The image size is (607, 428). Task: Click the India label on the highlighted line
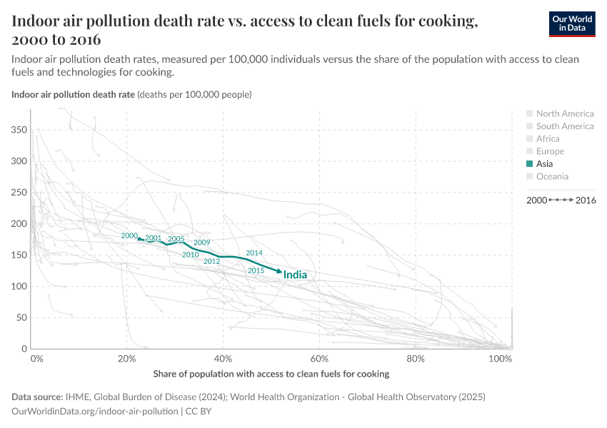pyautogui.click(x=295, y=275)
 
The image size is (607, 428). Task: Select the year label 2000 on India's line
pyautogui.click(x=129, y=235)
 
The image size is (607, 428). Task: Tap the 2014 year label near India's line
pyautogui.click(x=254, y=253)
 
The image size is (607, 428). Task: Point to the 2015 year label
pyautogui.click(x=256, y=270)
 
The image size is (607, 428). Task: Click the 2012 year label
pyautogui.click(x=211, y=261)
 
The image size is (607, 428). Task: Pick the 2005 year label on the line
pyautogui.click(x=176, y=239)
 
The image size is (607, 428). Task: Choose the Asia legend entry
pyautogui.click(x=544, y=163)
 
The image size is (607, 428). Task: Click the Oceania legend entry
pyautogui.click(x=552, y=176)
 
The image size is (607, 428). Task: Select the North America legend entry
pyautogui.click(x=564, y=113)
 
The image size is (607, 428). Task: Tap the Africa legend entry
pyautogui.click(x=548, y=138)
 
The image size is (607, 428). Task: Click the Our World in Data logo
pyautogui.click(x=572, y=24)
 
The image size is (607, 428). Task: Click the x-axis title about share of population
pyautogui.click(x=271, y=374)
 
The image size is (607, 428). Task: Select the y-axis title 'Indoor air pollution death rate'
pyautogui.click(x=73, y=94)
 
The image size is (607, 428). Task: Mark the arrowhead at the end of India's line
pyautogui.click(x=279, y=272)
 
